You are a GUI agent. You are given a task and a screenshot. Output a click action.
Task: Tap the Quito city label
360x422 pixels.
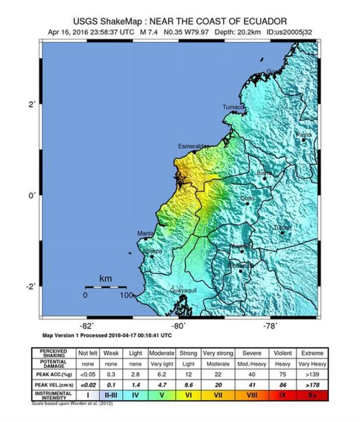coord(247,198)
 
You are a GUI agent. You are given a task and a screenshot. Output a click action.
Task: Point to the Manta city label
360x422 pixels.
coord(145,233)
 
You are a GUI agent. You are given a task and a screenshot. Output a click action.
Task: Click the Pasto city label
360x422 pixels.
coord(303,135)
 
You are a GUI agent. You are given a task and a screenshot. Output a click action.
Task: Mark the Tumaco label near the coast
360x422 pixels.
coord(233,107)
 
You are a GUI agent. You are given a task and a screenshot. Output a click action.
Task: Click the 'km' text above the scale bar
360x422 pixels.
coord(106,279)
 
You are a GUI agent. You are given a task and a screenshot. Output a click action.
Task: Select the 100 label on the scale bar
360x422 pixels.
coord(126,295)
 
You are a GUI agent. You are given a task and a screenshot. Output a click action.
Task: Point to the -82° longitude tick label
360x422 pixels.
coord(87,326)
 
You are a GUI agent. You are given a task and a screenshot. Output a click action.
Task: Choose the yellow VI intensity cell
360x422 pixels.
coord(188,395)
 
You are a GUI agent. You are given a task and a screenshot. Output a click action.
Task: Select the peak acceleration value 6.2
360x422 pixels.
coord(162,374)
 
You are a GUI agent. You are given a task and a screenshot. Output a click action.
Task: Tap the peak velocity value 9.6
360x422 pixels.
coord(188,384)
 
